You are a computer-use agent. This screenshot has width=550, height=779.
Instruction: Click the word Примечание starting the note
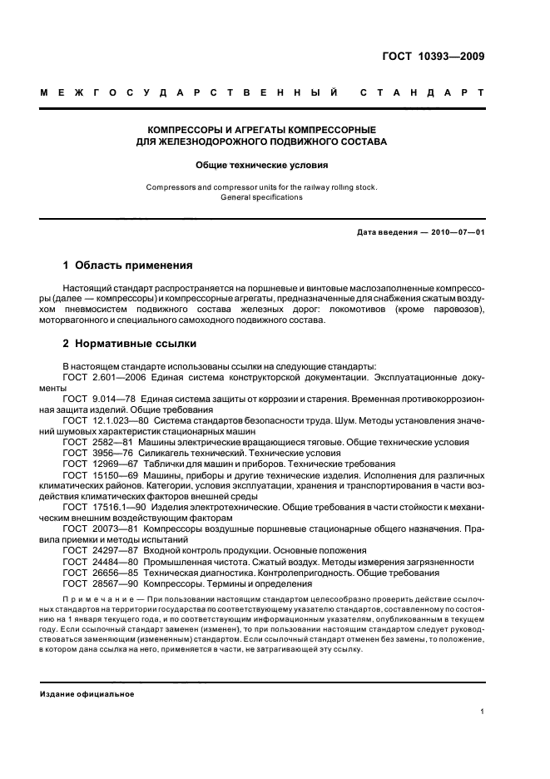click(99, 599)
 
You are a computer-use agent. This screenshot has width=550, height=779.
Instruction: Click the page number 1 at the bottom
click(482, 711)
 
